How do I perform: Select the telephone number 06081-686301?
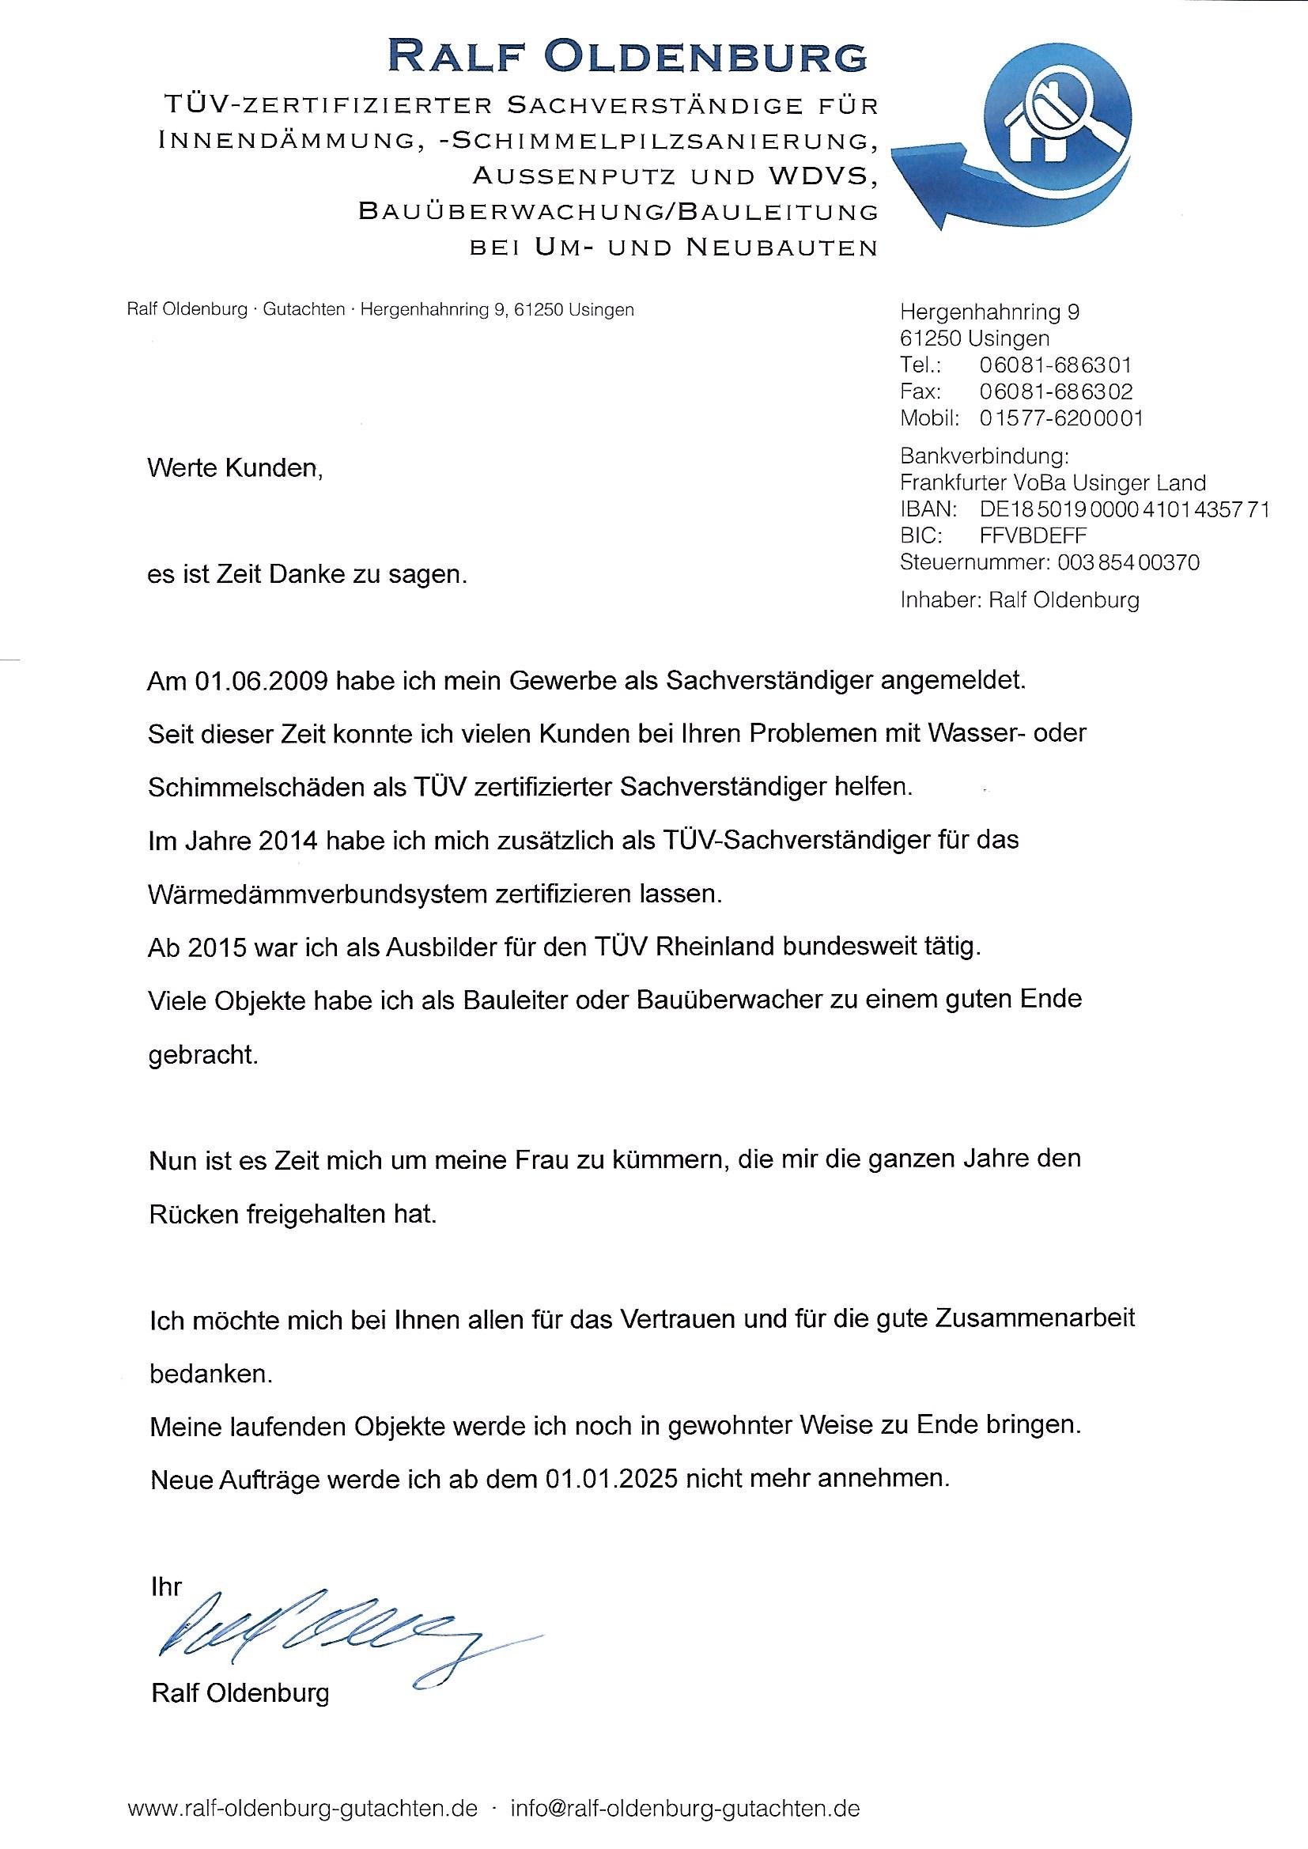coord(1055,365)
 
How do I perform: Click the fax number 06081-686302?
coord(1055,391)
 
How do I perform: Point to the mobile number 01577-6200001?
coord(1060,418)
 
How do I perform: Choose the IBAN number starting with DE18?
coord(1125,509)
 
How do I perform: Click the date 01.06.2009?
coord(260,681)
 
